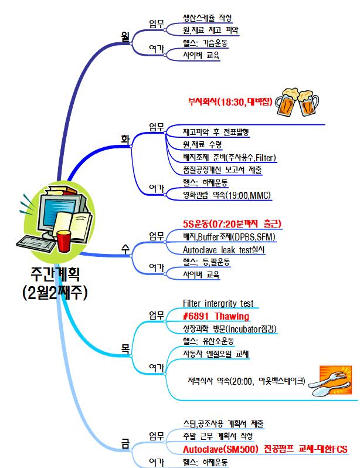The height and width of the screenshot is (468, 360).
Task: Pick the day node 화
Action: [x=124, y=139]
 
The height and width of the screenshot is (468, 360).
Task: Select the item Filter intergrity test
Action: [x=218, y=304]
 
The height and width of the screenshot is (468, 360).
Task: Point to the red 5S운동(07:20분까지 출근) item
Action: [x=232, y=224]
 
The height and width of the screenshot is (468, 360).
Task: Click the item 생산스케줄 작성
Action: [x=208, y=17]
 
